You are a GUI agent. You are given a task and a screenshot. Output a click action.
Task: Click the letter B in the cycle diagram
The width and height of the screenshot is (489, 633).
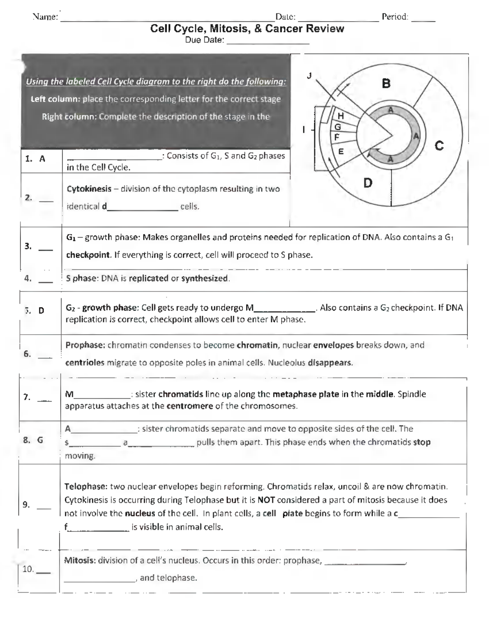click(386, 84)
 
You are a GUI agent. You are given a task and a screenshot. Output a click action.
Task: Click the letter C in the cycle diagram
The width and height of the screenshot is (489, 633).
click(439, 146)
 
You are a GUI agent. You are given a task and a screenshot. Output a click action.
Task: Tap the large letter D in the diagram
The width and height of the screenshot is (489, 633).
click(368, 183)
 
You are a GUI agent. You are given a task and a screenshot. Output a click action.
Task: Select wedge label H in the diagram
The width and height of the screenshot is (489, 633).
click(341, 116)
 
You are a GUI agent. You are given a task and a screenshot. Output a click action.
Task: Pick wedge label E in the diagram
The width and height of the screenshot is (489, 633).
click(341, 151)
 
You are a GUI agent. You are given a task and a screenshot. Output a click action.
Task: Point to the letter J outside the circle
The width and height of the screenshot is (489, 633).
click(309, 75)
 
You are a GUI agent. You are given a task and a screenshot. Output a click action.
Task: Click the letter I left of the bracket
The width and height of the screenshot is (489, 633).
click(303, 130)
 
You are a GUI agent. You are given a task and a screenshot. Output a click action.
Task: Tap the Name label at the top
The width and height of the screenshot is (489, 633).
click(45, 17)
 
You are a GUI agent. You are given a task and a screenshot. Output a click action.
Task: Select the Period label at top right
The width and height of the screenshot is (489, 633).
click(394, 17)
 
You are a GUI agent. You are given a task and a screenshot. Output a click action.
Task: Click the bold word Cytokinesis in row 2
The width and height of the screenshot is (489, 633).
click(89, 189)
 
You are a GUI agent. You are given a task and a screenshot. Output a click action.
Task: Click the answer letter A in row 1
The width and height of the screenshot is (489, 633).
click(42, 159)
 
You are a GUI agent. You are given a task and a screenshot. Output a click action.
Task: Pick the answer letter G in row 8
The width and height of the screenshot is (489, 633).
click(40, 440)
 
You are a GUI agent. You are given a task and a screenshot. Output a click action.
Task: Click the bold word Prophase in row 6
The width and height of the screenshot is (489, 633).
click(85, 345)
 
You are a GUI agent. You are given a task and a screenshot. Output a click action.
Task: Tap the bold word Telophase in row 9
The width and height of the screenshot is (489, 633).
click(86, 486)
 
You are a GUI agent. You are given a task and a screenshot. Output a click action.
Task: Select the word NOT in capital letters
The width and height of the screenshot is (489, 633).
click(266, 500)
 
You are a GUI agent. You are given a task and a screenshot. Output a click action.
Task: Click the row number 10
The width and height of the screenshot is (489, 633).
click(28, 569)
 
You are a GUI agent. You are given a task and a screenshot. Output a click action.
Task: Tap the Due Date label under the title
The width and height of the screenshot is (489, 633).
click(204, 40)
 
